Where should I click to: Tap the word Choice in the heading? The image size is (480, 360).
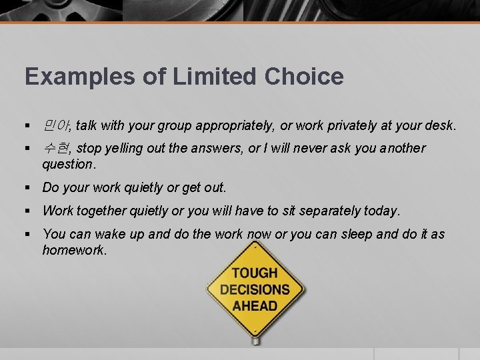(304, 77)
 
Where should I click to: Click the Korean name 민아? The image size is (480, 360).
(57, 125)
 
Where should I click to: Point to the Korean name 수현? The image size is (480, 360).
(57, 148)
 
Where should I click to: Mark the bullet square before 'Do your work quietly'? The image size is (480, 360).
(28, 187)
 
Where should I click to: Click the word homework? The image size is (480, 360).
(73, 250)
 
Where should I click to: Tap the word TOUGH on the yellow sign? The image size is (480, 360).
(255, 273)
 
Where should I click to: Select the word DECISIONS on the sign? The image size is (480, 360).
(255, 289)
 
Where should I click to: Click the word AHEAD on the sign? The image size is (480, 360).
(255, 306)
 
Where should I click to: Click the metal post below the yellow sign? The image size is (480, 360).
(255, 340)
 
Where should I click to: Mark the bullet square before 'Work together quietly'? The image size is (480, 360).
(28, 211)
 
